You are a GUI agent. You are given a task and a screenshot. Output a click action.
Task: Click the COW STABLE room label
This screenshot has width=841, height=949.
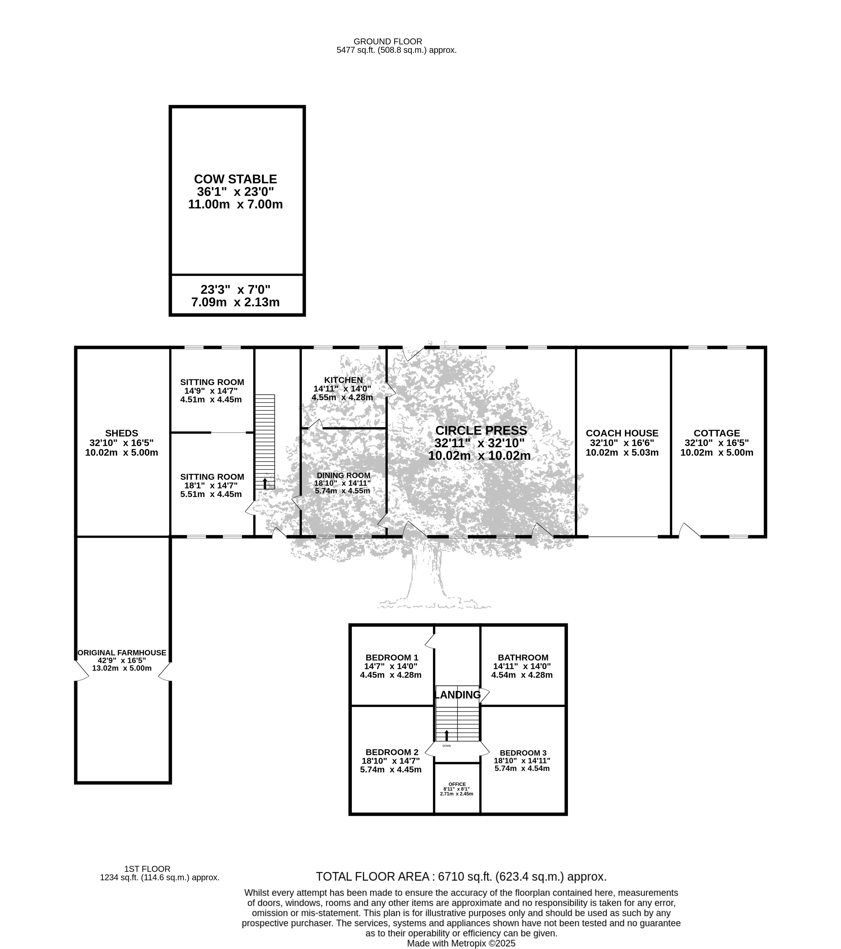click(x=236, y=179)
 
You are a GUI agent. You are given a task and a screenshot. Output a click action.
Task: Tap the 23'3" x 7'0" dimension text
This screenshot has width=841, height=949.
click(x=236, y=290)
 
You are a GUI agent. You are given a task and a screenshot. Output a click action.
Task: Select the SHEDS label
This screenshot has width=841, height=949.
click(x=122, y=433)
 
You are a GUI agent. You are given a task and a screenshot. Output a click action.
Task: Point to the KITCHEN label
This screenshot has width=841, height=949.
click(x=344, y=380)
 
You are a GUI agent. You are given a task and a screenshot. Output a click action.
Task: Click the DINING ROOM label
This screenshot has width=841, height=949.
click(x=344, y=475)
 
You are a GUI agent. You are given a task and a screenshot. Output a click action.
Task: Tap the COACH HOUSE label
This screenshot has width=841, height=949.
click(x=622, y=433)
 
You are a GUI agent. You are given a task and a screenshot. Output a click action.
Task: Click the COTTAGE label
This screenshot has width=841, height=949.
click(x=717, y=433)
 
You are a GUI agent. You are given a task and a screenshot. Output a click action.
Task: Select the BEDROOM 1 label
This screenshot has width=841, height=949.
click(x=392, y=657)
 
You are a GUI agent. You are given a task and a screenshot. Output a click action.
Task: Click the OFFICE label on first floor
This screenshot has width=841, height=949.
click(x=457, y=784)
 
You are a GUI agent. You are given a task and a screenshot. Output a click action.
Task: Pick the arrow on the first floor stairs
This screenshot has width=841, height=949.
click(x=447, y=735)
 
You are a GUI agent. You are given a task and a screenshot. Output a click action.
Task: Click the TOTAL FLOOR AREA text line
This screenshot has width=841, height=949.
click(x=461, y=877)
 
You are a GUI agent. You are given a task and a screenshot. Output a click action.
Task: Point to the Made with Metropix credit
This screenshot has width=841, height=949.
click(x=461, y=943)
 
